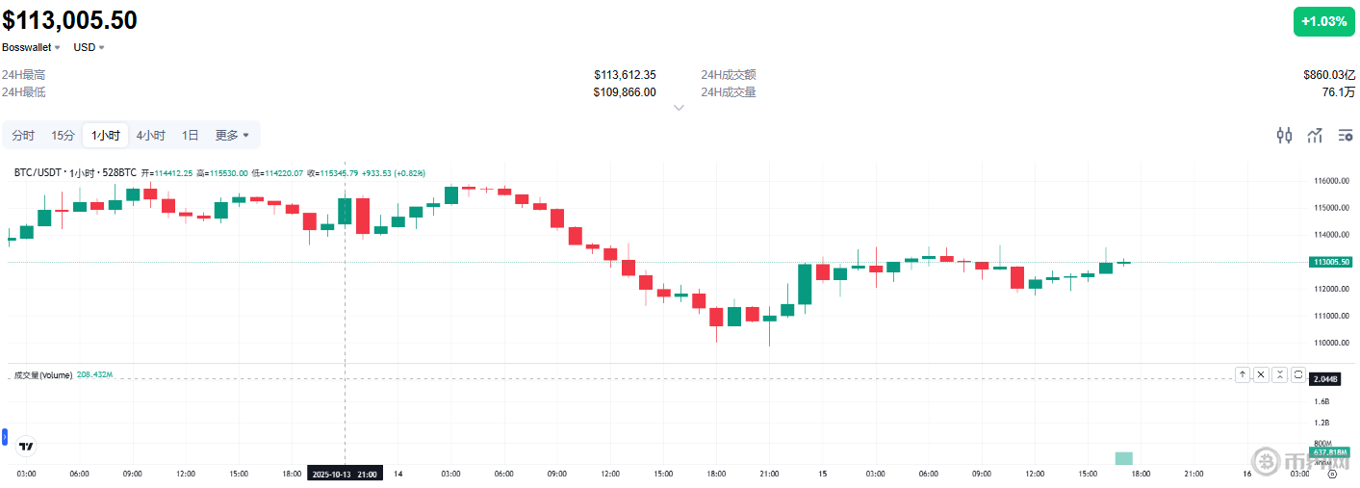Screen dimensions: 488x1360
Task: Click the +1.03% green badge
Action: (x=1323, y=21)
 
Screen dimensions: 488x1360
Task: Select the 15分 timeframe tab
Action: (x=63, y=136)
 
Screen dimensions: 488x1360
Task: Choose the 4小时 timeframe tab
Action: (x=150, y=136)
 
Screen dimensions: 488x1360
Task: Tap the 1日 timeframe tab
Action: (x=191, y=136)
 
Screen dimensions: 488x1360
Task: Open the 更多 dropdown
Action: (x=231, y=136)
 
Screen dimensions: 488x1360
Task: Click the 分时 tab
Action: (x=23, y=136)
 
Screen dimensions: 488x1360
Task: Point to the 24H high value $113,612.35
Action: (x=625, y=75)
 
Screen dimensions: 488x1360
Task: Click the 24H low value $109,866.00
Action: (x=625, y=92)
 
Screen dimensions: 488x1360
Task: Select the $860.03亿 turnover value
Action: (x=1328, y=75)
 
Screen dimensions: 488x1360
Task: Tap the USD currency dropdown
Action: (x=89, y=47)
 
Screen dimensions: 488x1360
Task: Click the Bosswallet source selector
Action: (x=31, y=47)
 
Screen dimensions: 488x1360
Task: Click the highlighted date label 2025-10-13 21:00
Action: (x=346, y=474)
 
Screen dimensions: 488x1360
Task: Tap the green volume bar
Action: (x=1123, y=458)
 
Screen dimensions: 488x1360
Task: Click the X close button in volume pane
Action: (x=1261, y=374)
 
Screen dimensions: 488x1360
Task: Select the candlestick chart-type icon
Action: (x=1284, y=136)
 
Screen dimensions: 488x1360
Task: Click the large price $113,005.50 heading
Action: (x=69, y=20)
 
